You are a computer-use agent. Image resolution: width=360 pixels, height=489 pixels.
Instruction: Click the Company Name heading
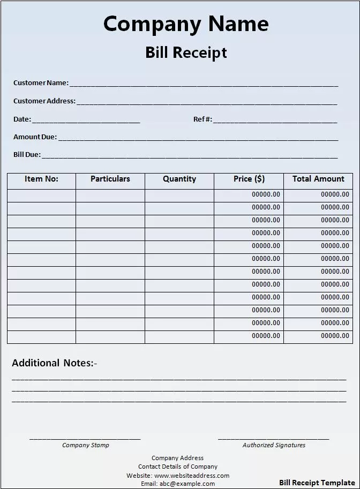click(186, 24)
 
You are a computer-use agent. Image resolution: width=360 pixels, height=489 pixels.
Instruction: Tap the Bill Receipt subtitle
click(186, 52)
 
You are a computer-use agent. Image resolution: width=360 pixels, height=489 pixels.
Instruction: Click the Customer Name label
click(41, 83)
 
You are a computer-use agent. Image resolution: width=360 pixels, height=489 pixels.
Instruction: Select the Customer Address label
click(44, 101)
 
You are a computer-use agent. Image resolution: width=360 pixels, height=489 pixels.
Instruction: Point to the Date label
click(22, 119)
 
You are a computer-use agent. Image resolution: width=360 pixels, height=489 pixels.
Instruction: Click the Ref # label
click(202, 119)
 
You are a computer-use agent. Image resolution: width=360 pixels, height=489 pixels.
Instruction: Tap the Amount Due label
click(35, 137)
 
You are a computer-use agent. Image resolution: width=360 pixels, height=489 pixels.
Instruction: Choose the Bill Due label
click(27, 155)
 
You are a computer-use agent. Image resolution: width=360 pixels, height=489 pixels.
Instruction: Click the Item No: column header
click(41, 179)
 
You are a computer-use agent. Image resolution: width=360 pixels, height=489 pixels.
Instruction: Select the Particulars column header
click(110, 179)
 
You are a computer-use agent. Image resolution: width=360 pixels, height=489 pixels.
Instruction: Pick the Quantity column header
click(179, 179)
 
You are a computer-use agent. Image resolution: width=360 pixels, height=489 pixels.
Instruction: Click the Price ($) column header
click(249, 179)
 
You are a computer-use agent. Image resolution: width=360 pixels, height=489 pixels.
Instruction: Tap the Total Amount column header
click(318, 179)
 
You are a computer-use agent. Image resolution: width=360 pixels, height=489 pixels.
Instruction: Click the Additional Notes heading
click(55, 363)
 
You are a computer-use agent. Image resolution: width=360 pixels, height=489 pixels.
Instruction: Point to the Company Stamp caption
click(86, 445)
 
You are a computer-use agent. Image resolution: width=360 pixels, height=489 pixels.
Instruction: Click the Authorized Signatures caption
click(274, 445)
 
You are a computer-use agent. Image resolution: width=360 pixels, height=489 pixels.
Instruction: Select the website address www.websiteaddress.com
click(192, 476)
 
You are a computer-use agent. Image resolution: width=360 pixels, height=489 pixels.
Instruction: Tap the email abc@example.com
click(187, 484)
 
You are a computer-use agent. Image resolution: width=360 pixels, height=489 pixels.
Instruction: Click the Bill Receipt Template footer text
click(317, 483)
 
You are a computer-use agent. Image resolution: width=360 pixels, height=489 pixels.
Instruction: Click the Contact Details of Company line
click(178, 467)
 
